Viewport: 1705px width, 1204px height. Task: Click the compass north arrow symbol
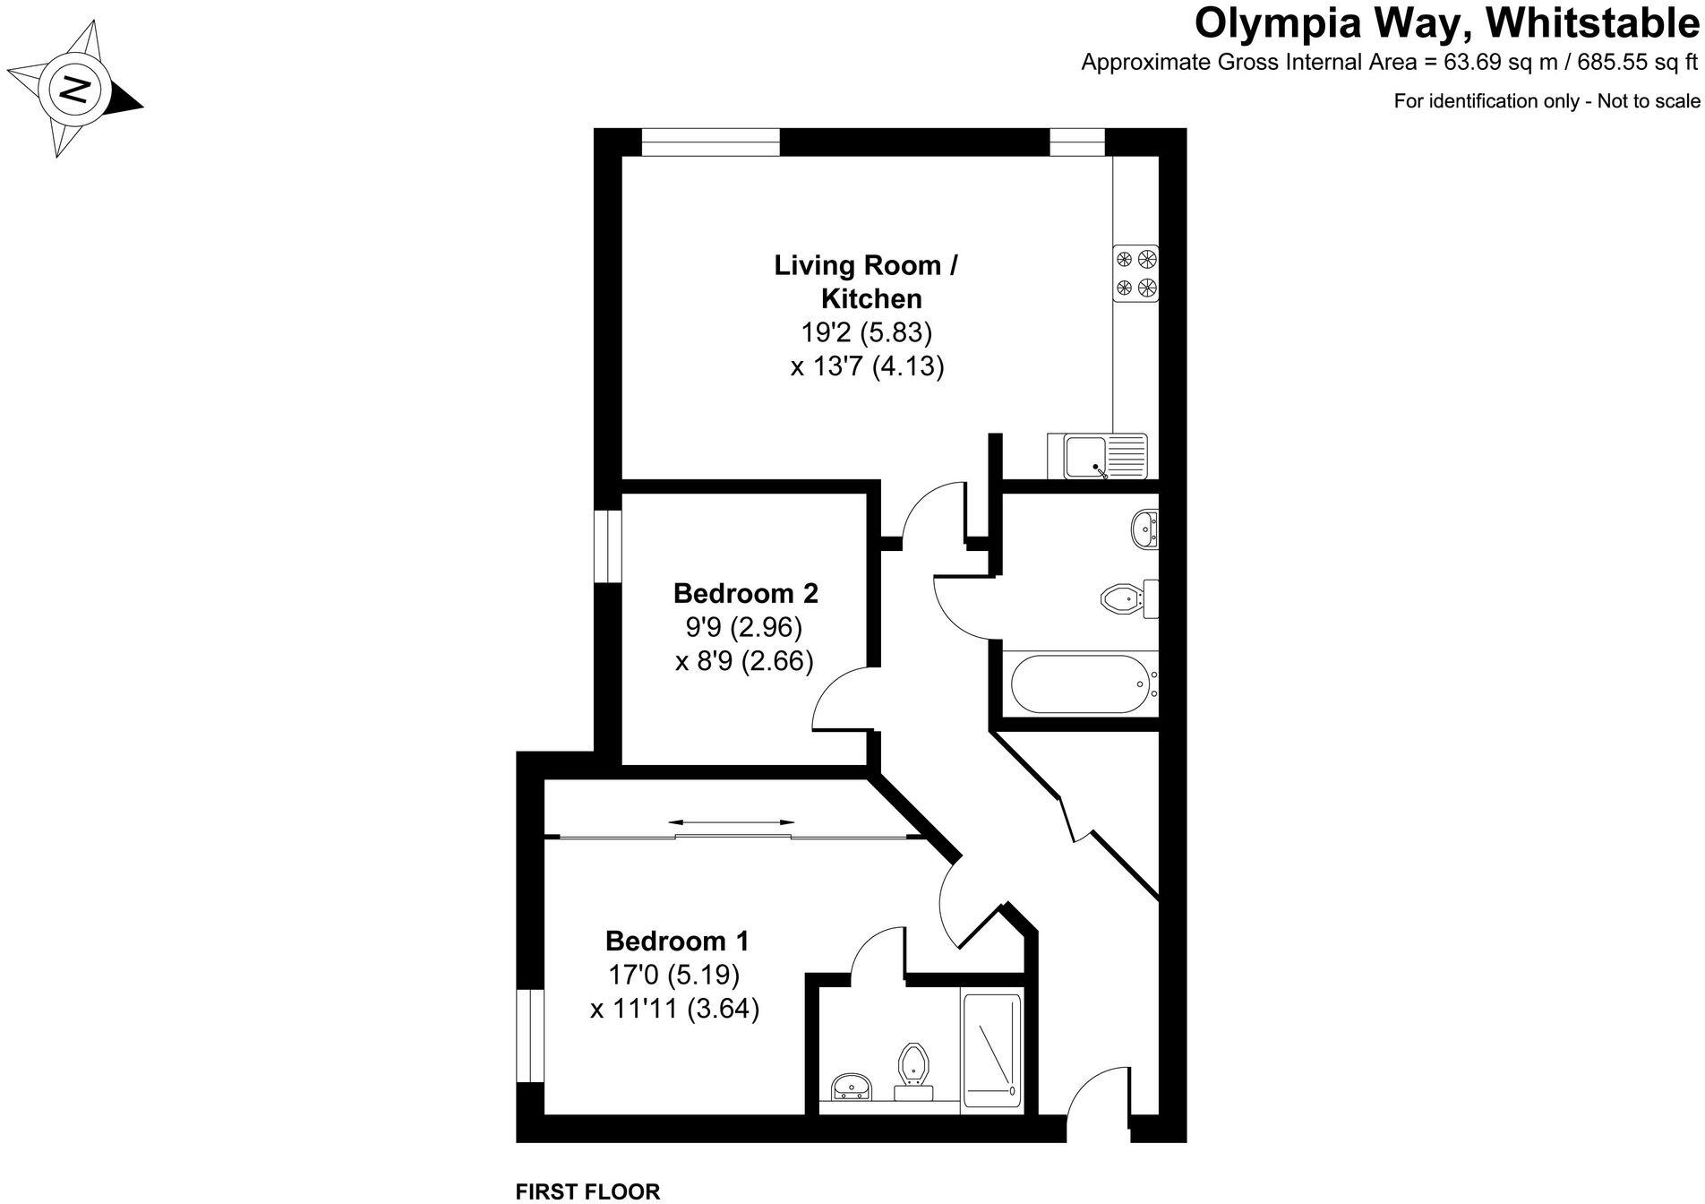coord(74,88)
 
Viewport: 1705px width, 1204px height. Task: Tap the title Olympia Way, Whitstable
coord(1447,24)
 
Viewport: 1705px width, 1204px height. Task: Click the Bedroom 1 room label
coord(677,941)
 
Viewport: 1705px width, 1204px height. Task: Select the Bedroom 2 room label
coord(745,593)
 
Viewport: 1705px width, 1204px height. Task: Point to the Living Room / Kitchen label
coord(867,281)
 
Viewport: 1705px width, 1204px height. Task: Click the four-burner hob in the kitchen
coord(1135,273)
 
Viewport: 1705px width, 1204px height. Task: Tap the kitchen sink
coord(1097,456)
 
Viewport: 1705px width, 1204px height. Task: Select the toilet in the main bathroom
coord(1129,598)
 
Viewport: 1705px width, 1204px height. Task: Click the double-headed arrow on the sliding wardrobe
coord(732,821)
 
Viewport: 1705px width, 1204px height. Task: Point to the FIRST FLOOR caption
coord(588,1191)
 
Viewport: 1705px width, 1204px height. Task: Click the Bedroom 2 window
coord(610,546)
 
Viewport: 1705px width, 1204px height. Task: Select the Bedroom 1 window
coord(531,1036)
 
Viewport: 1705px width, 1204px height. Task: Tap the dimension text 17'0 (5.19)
coord(674,975)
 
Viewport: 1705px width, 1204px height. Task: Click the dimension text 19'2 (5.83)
coord(867,332)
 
